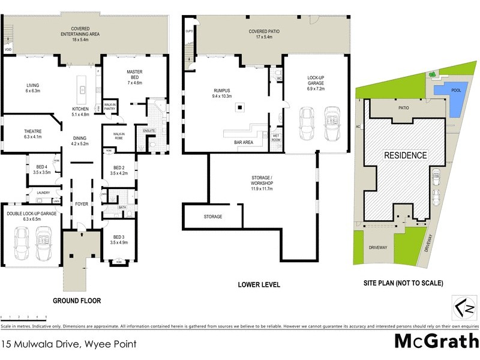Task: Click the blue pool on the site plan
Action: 455,98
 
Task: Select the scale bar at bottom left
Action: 24,316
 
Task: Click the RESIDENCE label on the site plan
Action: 405,155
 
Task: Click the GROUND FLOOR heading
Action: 77,301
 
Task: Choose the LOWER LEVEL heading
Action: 259,285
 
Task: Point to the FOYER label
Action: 81,203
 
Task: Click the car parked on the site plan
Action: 436,177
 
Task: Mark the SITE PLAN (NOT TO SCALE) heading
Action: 403,283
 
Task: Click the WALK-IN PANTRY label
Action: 110,107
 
